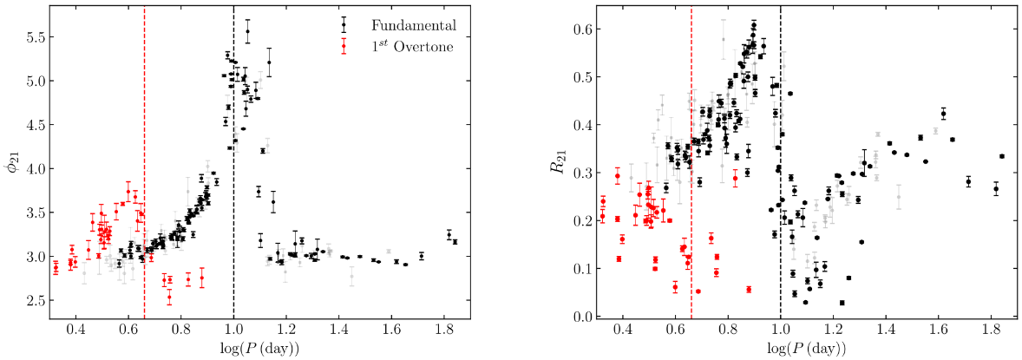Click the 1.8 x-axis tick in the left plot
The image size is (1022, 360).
(x=444, y=331)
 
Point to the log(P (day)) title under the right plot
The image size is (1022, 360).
(x=807, y=350)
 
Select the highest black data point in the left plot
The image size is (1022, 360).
(x=247, y=32)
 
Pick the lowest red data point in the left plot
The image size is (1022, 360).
(x=169, y=297)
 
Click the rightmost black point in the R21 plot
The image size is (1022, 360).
(x=1002, y=156)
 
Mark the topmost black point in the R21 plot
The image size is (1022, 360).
(x=754, y=24)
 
